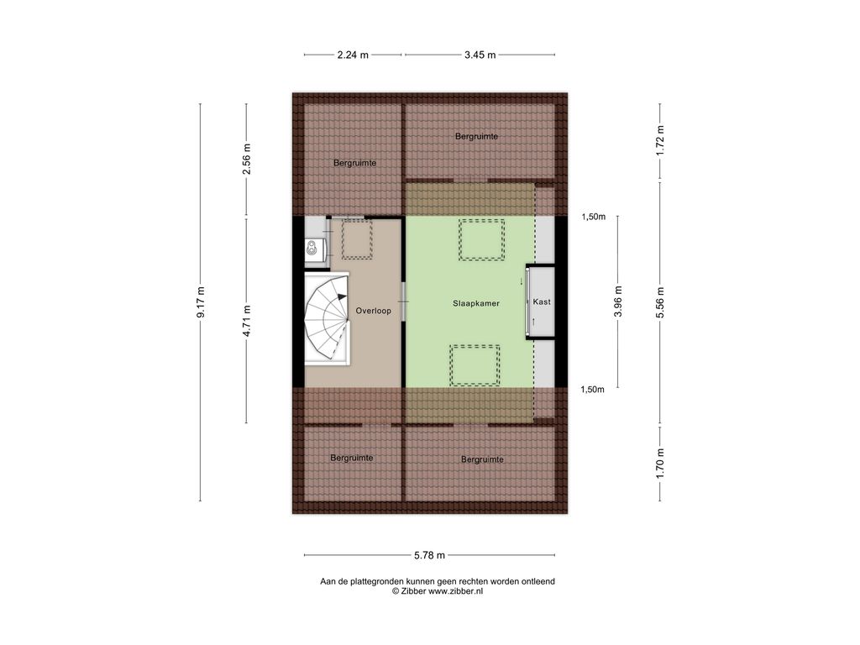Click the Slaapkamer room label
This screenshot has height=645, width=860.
point(476,302)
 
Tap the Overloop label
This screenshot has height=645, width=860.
point(374,311)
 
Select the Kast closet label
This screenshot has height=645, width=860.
point(542,302)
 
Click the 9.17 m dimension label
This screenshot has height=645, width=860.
point(202,302)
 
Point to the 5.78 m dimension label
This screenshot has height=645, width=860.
point(430,555)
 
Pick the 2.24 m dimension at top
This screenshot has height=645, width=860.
point(353,55)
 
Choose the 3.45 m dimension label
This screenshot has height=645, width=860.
point(480,55)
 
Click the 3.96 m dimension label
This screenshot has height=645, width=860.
point(618,302)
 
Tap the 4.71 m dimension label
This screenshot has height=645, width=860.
point(247,321)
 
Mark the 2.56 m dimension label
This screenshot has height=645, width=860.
point(247,159)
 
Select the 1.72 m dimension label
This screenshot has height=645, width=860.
point(660,141)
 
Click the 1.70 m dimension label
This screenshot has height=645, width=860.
point(660,464)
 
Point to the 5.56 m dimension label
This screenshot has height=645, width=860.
point(660,302)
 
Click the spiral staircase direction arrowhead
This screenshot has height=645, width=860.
point(343,296)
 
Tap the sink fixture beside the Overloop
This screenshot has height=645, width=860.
point(312,249)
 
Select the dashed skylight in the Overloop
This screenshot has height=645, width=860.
point(357,239)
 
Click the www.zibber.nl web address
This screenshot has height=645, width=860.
point(455,591)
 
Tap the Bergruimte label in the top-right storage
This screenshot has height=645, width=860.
point(477,136)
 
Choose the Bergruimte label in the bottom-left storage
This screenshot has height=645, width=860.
point(352,458)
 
